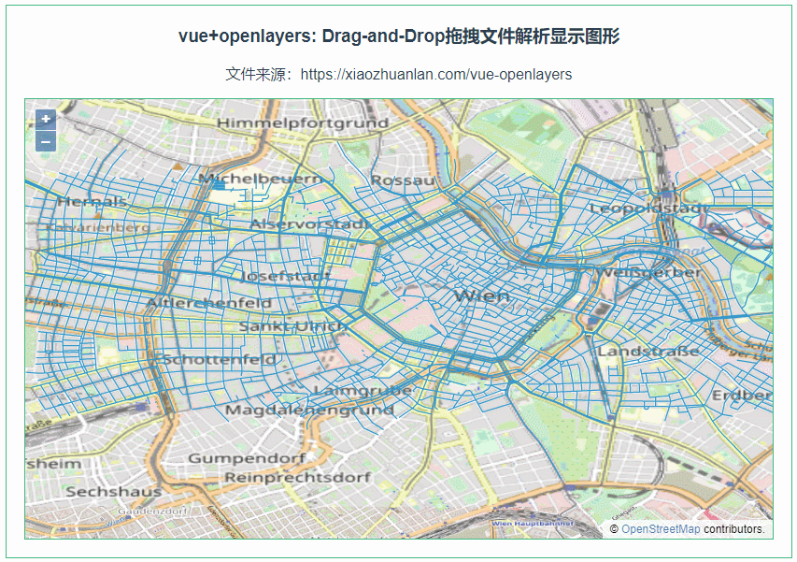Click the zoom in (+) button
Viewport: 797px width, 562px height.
tap(46, 120)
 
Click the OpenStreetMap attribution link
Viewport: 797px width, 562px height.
tap(660, 529)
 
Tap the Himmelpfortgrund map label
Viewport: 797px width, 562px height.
tap(302, 123)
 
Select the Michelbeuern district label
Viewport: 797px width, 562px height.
tap(261, 178)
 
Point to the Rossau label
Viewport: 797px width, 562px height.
tap(403, 180)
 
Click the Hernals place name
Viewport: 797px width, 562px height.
tap(92, 201)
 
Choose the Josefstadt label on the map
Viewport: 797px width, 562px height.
tap(285, 277)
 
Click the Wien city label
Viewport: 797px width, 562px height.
tap(482, 295)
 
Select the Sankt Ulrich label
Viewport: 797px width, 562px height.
tap(291, 326)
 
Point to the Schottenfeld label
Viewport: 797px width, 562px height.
tap(220, 359)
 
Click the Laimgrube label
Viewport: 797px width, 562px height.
tap(363, 390)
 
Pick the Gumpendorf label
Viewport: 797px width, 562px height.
tap(247, 458)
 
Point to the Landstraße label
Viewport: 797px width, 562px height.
tap(648, 352)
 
